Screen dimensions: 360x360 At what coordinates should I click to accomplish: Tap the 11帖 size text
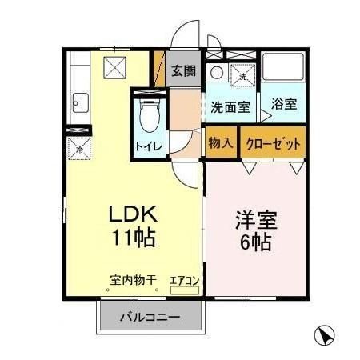[133, 238]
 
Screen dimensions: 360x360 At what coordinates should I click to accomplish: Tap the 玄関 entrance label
[183, 70]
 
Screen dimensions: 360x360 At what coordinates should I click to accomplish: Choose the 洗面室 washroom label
[230, 106]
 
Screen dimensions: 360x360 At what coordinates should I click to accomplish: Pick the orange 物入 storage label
[221, 144]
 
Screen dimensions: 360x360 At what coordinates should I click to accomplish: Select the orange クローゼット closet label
[274, 144]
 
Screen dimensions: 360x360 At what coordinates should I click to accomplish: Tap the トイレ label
[147, 146]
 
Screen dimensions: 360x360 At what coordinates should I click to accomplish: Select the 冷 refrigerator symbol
[79, 148]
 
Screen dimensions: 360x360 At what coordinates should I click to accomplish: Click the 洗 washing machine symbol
[242, 76]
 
